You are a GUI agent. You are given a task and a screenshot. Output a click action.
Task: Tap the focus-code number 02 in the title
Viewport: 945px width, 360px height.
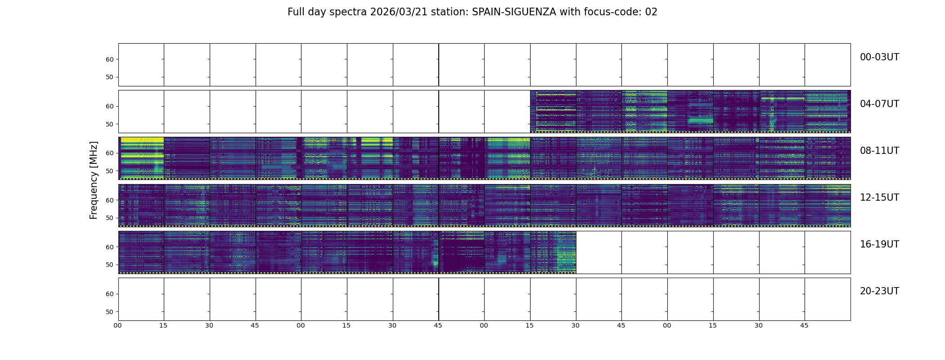[x=651, y=12]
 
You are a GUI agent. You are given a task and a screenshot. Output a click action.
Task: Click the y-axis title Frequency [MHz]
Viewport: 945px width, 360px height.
[x=94, y=180]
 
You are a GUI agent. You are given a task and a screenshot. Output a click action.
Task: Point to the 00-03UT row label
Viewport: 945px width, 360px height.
[x=879, y=57]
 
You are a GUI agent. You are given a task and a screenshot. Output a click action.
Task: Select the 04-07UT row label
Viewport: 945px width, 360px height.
[x=879, y=104]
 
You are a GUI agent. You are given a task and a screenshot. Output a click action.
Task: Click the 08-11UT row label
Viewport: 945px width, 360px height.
[x=879, y=151]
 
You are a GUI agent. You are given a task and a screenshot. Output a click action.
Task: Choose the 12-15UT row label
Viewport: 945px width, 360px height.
[x=879, y=198]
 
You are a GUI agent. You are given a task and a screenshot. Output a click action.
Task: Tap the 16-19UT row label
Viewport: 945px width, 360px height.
[x=879, y=244]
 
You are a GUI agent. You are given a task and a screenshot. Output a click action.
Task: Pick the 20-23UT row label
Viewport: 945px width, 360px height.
[x=879, y=291]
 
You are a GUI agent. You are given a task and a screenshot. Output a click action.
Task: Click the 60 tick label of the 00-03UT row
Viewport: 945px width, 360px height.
[x=109, y=59]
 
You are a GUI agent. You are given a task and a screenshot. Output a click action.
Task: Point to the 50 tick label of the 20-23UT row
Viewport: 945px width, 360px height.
[x=109, y=312]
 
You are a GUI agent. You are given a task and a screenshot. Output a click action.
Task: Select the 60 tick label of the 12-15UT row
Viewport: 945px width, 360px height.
[x=109, y=200]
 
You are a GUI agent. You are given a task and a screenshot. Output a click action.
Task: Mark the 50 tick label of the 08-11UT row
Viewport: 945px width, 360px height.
[x=109, y=171]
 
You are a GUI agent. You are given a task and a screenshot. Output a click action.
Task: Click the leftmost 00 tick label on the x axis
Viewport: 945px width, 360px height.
[x=117, y=325]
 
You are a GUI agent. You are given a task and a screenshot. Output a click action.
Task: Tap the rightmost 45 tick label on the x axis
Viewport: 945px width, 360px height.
[x=804, y=325]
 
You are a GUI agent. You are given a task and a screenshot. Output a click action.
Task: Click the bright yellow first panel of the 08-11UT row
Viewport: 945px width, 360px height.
[x=141, y=158]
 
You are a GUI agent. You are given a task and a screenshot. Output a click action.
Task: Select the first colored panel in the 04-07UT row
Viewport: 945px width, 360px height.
[x=553, y=111]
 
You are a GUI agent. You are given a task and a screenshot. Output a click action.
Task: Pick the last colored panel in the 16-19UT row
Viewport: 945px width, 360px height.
[x=553, y=252]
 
